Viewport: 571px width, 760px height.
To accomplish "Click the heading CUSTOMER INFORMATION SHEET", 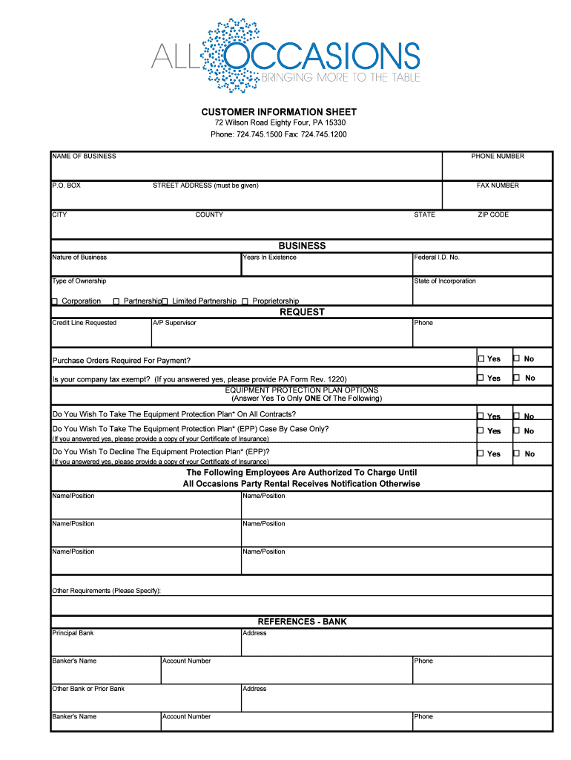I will pyautogui.click(x=279, y=112).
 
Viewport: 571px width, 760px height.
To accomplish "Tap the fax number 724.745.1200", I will pyautogui.click(x=324, y=134).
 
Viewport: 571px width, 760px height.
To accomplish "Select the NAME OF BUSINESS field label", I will pyautogui.click(x=84, y=157).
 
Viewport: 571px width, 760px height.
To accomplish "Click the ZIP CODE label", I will pyautogui.click(x=493, y=214).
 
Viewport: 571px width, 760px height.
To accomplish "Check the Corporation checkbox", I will pyautogui.click(x=54, y=301).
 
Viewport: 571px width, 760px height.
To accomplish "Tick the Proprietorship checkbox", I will pyautogui.click(x=245, y=301).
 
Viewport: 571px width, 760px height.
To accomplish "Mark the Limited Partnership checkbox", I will pyautogui.click(x=165, y=301).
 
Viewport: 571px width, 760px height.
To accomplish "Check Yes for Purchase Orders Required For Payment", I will pyautogui.click(x=481, y=358).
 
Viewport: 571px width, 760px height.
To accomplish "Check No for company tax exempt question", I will pyautogui.click(x=517, y=378).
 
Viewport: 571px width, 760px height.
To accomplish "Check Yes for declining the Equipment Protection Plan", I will pyautogui.click(x=481, y=453).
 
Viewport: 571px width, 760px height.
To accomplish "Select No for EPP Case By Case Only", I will pyautogui.click(x=517, y=430).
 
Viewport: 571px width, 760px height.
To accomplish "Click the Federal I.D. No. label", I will pyautogui.click(x=437, y=258).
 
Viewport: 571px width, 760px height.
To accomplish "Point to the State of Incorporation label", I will pyautogui.click(x=445, y=281).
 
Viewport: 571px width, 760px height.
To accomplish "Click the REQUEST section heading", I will pyautogui.click(x=302, y=312).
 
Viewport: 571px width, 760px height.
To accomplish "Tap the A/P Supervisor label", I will pyautogui.click(x=174, y=323).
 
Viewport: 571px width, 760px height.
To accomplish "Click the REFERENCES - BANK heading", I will pyautogui.click(x=302, y=622).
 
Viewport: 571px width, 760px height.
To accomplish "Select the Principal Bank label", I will pyautogui.click(x=73, y=633).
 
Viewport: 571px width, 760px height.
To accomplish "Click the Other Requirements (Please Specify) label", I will pyautogui.click(x=106, y=591).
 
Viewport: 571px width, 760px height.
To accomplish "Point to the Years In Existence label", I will pyautogui.click(x=269, y=258).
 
